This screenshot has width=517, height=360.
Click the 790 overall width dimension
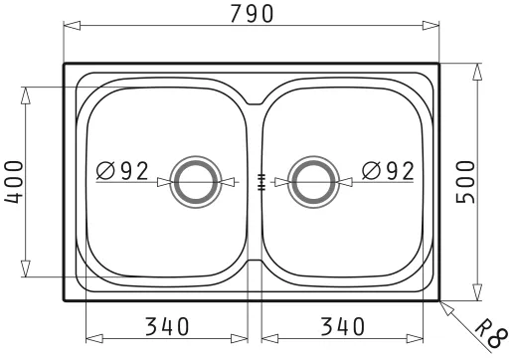(252, 14)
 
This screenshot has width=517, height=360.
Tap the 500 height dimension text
(465, 182)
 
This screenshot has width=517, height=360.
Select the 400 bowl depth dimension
(14, 182)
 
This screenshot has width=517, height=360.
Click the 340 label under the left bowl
(167, 326)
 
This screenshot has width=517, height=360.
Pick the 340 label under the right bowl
(343, 326)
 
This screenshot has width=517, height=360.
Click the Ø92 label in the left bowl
(122, 171)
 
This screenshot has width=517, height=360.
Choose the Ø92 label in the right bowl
(388, 171)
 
